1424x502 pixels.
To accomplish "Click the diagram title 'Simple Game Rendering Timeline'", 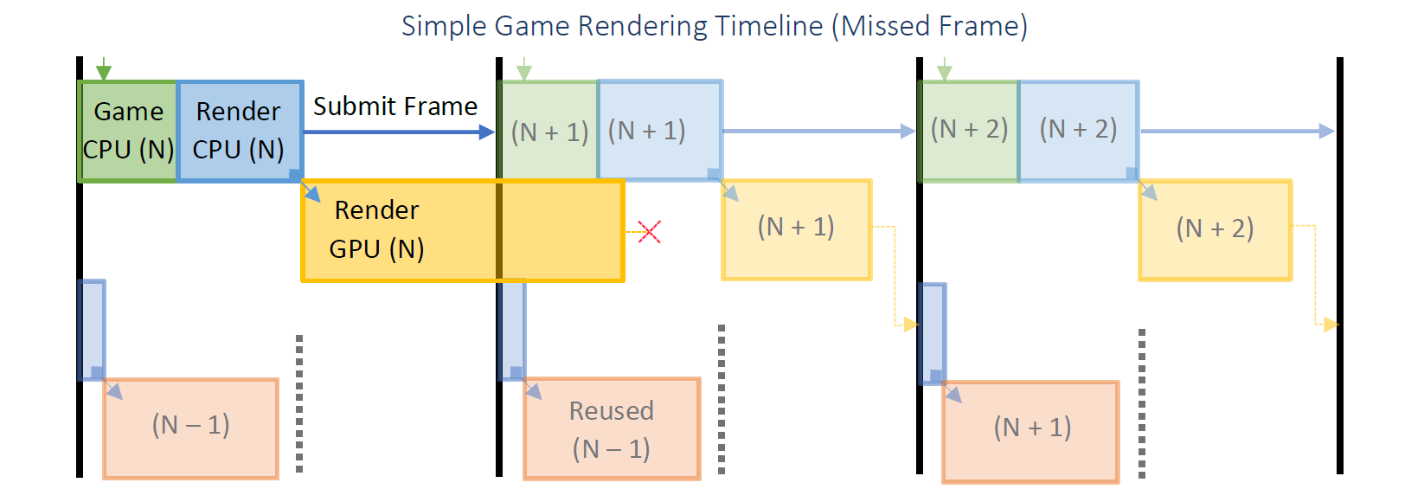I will click(612, 26).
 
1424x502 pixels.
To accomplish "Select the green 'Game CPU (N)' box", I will click(128, 131).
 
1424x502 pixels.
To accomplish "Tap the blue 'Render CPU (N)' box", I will click(239, 131).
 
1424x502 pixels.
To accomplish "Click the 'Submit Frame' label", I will click(395, 106).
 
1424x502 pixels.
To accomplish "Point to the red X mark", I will click(649, 231).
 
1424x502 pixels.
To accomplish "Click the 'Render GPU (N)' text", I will click(376, 229).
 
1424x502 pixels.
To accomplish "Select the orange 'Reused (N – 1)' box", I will click(612, 429).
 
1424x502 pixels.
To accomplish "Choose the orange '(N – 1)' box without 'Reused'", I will click(190, 428).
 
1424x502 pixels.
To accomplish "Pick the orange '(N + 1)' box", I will click(1031, 431).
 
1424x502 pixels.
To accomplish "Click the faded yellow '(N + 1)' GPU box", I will click(796, 229).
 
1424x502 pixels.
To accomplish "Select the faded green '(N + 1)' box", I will click(549, 132).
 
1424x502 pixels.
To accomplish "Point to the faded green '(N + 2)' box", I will click(969, 131).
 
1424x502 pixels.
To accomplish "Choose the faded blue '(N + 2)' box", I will click(1078, 131).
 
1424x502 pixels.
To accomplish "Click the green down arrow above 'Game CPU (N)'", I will click(104, 69).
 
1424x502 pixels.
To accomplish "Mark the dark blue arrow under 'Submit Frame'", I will click(398, 132).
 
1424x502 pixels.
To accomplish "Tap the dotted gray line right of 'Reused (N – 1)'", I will click(722, 399).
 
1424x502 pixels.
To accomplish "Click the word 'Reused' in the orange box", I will click(612, 410).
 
